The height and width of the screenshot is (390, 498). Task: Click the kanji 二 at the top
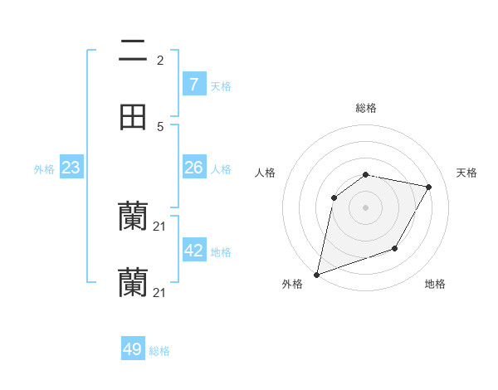click(x=133, y=52)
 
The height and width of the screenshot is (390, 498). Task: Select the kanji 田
click(x=133, y=117)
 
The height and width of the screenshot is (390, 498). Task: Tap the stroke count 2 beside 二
click(x=160, y=61)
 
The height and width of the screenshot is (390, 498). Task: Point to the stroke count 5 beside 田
click(x=160, y=126)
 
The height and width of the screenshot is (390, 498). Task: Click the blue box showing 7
click(x=193, y=84)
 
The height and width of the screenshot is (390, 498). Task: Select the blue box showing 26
click(x=193, y=168)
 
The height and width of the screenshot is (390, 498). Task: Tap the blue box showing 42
click(x=193, y=251)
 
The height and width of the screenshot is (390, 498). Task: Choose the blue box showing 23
click(x=71, y=168)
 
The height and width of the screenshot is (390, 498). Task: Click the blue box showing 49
click(x=133, y=349)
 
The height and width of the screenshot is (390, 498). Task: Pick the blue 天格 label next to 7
click(x=221, y=85)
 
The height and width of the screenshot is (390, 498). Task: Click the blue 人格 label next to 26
click(x=221, y=169)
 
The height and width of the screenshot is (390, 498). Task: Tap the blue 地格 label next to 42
click(x=221, y=252)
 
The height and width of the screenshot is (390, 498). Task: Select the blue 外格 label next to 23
click(x=44, y=169)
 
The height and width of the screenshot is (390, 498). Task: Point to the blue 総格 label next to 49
click(x=160, y=351)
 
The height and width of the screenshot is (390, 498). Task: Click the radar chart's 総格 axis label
click(x=366, y=108)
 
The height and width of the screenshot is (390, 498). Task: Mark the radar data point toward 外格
click(x=316, y=275)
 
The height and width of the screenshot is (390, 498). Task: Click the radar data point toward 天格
click(x=429, y=187)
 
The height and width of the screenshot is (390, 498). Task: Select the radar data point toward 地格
click(x=395, y=248)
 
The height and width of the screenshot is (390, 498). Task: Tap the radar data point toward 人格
click(x=334, y=197)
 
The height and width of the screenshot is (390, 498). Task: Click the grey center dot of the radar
click(x=366, y=207)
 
